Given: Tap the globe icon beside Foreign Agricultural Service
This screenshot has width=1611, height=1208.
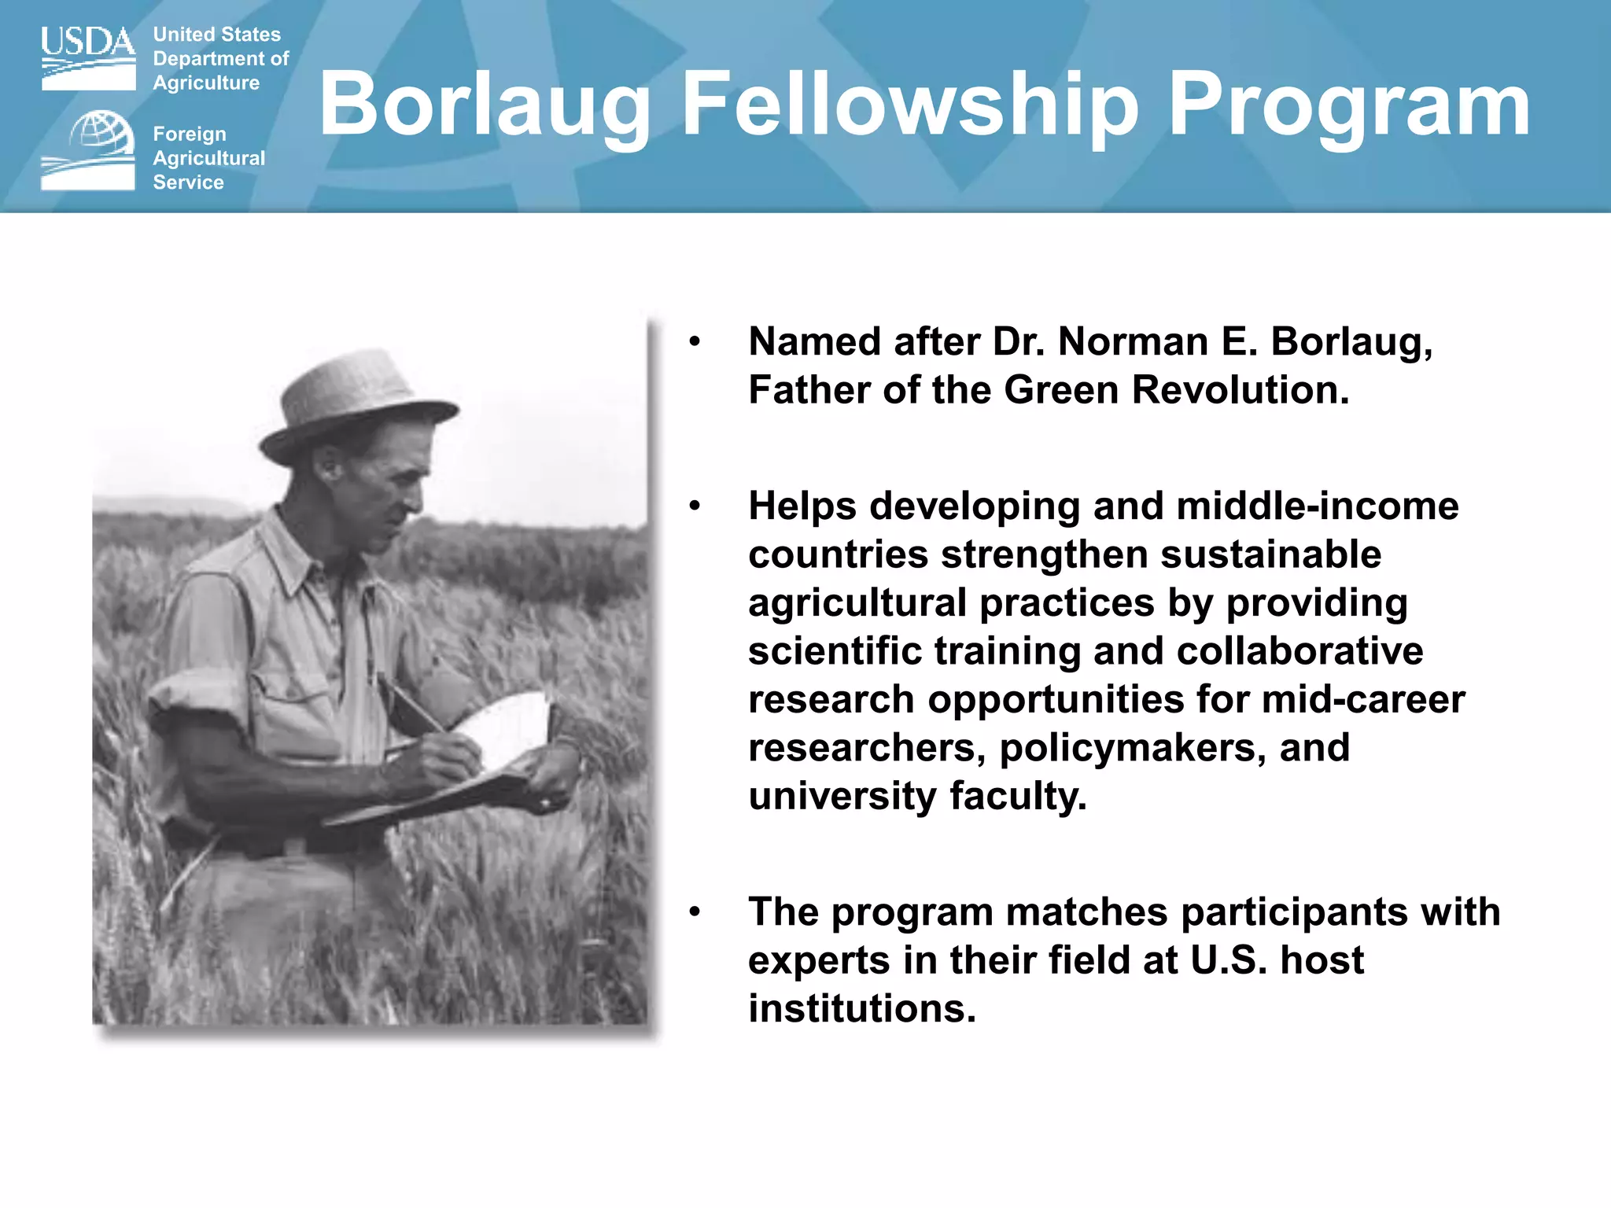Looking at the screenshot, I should point(101,132).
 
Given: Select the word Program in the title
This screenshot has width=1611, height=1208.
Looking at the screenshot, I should point(1349,105).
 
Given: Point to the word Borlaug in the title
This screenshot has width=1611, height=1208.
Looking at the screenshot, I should point(485,105).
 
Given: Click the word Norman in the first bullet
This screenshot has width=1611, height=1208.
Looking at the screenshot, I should point(1134,342).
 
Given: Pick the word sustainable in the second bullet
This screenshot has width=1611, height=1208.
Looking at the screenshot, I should point(1270,554).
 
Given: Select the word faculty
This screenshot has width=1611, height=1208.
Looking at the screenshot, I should point(1018,796).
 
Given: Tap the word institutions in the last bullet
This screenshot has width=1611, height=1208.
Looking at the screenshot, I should point(861,1008).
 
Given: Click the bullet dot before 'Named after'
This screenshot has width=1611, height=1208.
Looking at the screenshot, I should point(694,342).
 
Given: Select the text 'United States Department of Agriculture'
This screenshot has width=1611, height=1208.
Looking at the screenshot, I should point(220,59).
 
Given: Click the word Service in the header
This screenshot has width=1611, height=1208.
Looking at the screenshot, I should point(188,182).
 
